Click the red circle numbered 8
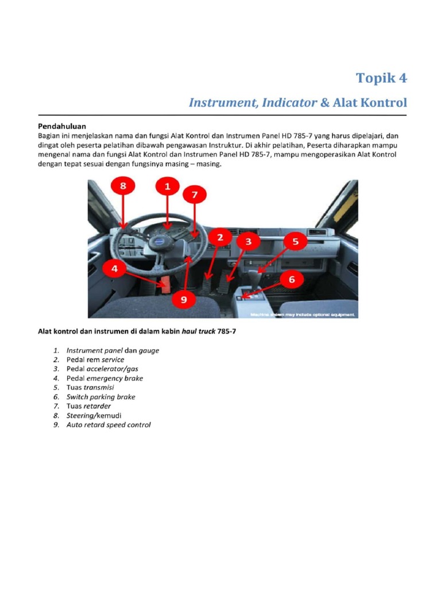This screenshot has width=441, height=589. click(123, 187)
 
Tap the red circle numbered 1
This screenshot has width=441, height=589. click(167, 187)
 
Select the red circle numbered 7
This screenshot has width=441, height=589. click(195, 196)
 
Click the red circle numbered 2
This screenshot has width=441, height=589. click(219, 237)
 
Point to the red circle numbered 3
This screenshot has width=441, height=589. click(248, 242)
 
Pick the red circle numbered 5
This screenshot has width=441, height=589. click(295, 242)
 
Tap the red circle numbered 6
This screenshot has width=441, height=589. click(291, 280)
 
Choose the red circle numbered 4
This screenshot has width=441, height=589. click(115, 269)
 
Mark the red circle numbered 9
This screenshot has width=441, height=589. click(183, 299)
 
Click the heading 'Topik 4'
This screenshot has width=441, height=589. click(381, 78)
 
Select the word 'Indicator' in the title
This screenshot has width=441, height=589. click(289, 103)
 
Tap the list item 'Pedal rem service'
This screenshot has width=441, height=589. click(95, 359)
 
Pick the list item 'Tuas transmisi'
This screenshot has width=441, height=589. click(90, 387)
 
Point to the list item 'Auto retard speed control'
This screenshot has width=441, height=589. click(109, 425)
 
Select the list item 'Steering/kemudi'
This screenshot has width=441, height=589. click(94, 415)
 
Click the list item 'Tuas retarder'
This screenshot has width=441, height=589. click(89, 406)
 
